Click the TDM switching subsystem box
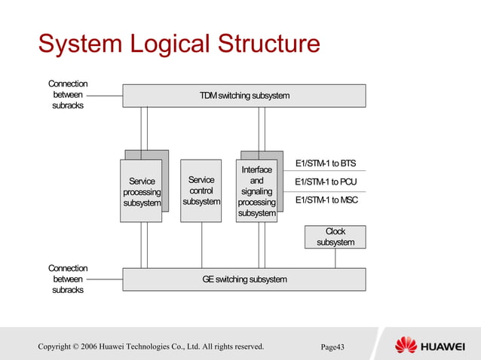click(x=244, y=96)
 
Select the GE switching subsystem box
click(x=244, y=279)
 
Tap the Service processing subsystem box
click(x=141, y=191)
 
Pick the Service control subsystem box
click(x=201, y=191)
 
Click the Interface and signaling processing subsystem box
click(x=257, y=192)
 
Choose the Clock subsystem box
click(x=335, y=237)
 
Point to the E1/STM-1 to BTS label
click(x=326, y=163)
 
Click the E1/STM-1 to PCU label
click(x=326, y=182)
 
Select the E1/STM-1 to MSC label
click(x=326, y=200)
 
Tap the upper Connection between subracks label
click(x=68, y=95)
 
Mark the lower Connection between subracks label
click(x=68, y=279)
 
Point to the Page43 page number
click(x=332, y=347)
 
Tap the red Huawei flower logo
click(x=406, y=346)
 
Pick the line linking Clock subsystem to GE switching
click(x=335, y=258)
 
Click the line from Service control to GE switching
click(x=201, y=245)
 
